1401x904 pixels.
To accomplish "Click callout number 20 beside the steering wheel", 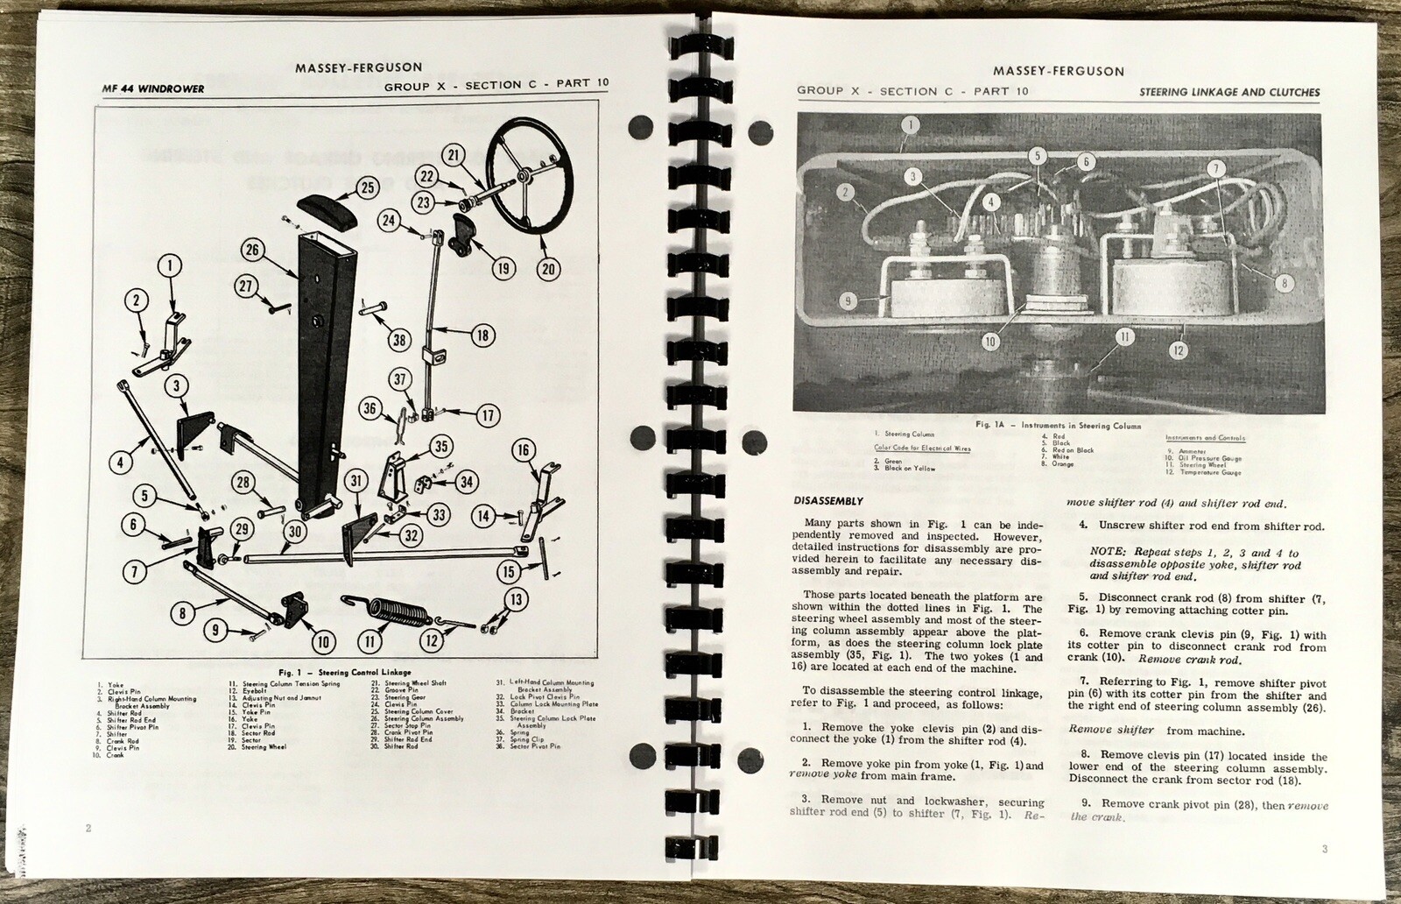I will [x=548, y=269].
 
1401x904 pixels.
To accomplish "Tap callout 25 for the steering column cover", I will [x=367, y=187].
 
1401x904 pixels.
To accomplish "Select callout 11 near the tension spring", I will [x=370, y=641].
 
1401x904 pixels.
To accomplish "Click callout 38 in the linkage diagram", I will [x=399, y=341].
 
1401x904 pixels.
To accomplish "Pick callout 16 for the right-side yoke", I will [x=523, y=451].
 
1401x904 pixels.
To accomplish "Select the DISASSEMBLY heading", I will [x=828, y=502].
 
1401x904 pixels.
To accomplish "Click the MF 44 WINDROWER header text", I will [x=154, y=89].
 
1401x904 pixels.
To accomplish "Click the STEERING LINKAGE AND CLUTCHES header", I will [x=1229, y=92].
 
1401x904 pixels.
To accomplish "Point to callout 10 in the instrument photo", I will [x=989, y=343].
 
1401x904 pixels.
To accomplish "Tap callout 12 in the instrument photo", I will [x=1179, y=350].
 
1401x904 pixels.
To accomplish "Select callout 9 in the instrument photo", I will [x=847, y=300].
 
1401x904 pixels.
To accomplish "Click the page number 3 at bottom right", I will [x=1325, y=849].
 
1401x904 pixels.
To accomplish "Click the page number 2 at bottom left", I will [x=88, y=828].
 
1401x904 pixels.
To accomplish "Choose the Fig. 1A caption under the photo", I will [x=1059, y=426].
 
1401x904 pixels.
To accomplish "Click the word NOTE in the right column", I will [x=1108, y=554].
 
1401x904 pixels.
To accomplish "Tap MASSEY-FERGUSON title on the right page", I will [x=1059, y=71].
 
